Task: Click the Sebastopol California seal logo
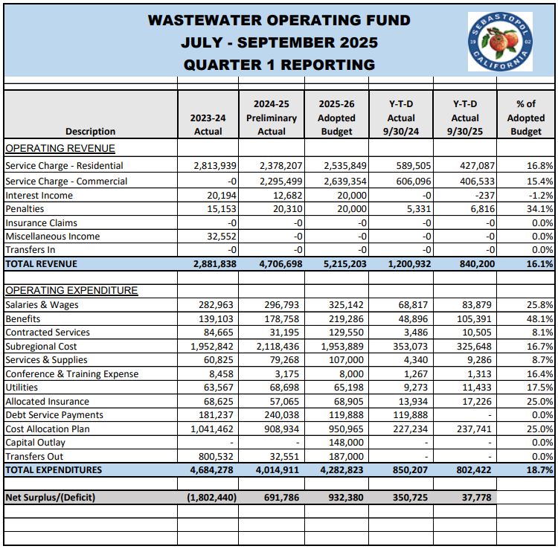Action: coord(500,42)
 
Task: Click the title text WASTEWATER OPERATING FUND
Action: coord(279,20)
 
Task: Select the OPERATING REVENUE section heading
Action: coord(60,148)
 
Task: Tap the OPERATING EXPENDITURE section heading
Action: coord(71,290)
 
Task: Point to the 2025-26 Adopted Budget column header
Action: coord(336,118)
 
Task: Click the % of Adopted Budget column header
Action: coord(525,118)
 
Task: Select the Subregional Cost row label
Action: coord(41,347)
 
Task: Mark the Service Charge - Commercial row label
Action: coord(66,182)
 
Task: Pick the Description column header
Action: coord(90,132)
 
